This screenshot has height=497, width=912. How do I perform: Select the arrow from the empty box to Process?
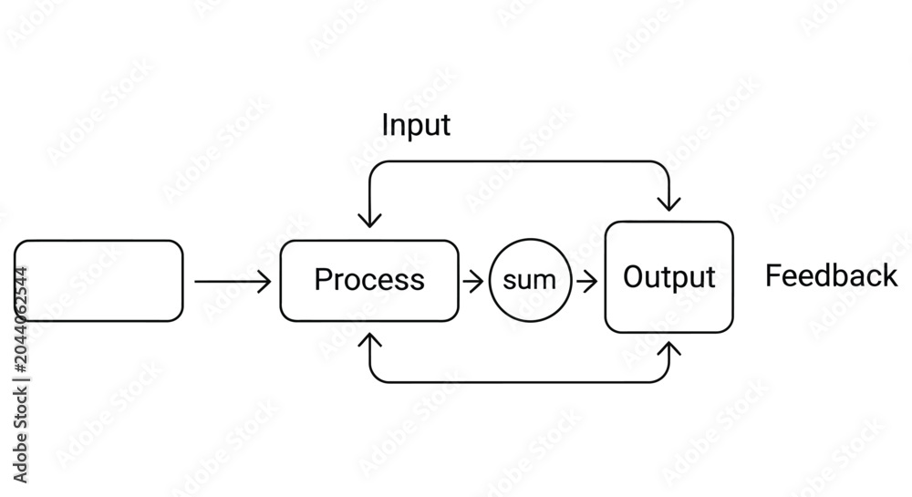click(233, 282)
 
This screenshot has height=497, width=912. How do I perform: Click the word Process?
click(369, 280)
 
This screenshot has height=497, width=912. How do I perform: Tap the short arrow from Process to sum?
click(473, 282)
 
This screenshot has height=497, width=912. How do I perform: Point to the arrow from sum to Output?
click(586, 282)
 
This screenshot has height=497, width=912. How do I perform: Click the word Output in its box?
click(668, 277)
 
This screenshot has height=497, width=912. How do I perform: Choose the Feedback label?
click(831, 275)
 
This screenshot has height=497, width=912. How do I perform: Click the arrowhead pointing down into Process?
click(370, 220)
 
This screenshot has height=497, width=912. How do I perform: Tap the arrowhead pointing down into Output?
click(668, 202)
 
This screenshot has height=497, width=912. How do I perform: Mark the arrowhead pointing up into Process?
click(370, 340)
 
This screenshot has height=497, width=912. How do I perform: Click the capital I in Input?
click(385, 124)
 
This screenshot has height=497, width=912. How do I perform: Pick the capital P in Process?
click(323, 280)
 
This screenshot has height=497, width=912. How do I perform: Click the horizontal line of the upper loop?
click(520, 161)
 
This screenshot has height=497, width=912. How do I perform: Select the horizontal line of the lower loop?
click(520, 382)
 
